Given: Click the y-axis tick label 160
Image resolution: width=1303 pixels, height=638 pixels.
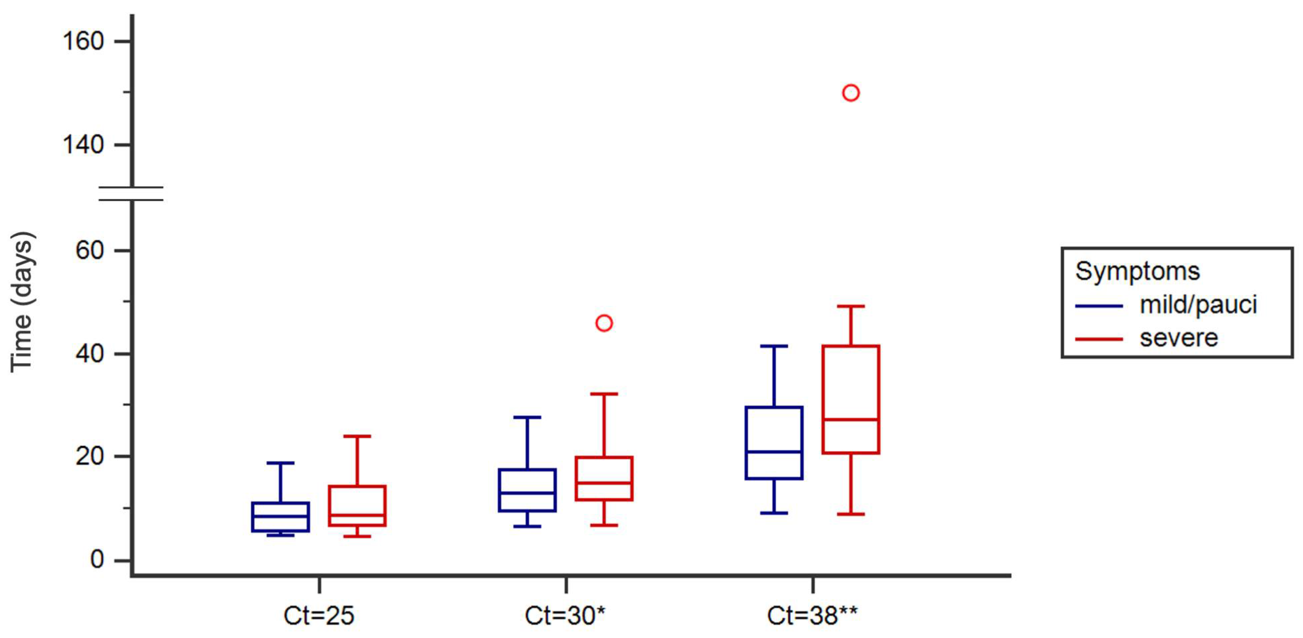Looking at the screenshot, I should pos(83,41).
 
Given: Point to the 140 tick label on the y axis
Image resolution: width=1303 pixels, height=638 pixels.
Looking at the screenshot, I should pos(83,145).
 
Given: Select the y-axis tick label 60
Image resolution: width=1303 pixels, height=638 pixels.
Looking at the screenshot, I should pos(89,250).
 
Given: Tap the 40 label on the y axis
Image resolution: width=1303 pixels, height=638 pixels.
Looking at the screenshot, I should pos(89,353).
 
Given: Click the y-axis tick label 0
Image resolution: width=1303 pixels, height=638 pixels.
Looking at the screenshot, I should pos(97,560).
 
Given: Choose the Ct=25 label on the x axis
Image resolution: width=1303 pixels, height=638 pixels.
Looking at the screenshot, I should pos(319,615).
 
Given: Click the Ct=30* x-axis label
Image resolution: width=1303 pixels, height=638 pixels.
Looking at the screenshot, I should pos(565,615).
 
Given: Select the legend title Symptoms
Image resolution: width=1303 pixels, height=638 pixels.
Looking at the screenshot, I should pos(1137,271).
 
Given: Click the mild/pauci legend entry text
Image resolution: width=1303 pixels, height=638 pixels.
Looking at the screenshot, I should pos(1198,305).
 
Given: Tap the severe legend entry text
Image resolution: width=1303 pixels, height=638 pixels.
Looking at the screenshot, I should pos(1178,338).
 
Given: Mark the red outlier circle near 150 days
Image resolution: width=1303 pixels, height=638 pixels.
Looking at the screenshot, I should pos(851,93).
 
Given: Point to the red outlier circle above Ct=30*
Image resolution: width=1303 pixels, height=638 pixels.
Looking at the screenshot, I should pos(604,323).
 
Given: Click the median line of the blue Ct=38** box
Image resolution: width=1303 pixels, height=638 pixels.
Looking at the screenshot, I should pos(774,452).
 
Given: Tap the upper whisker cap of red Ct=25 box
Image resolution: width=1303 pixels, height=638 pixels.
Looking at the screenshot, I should pos(357,436).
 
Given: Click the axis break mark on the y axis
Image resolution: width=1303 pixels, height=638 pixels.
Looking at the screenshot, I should pos(131,194).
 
